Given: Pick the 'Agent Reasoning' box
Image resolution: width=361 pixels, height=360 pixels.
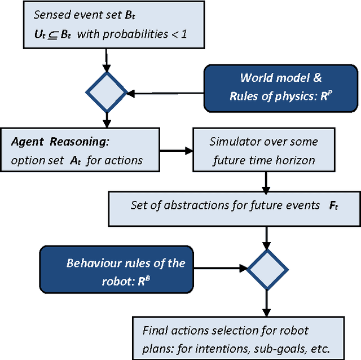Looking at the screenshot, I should [x=77, y=151].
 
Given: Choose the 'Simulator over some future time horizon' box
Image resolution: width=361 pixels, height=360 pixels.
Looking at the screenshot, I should [x=263, y=151].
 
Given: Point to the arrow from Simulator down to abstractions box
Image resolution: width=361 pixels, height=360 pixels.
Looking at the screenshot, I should [x=263, y=180].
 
